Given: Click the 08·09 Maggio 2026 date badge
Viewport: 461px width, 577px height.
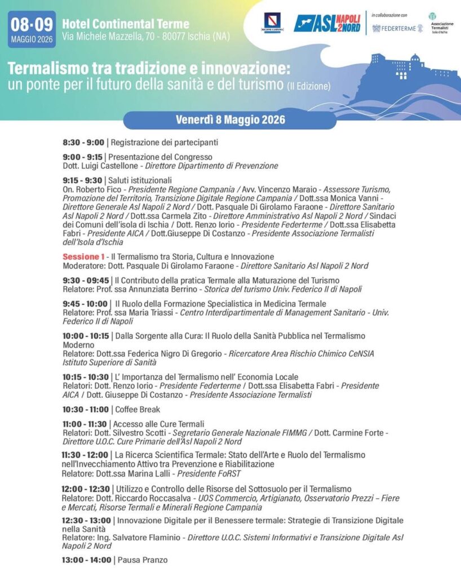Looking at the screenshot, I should tap(32, 29).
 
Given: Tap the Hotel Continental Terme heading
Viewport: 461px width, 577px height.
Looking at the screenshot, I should tap(125, 24).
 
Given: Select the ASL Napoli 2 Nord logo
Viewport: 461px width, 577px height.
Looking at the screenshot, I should tap(327, 23).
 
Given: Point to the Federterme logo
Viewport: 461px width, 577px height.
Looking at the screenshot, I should tap(397, 28).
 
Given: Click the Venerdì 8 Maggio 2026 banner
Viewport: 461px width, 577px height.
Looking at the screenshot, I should tap(230, 120).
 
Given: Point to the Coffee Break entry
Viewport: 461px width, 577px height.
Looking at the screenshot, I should tap(136, 410).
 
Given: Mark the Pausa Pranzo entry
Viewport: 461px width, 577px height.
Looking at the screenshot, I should tap(141, 560).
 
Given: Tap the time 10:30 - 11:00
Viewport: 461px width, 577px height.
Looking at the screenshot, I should tap(86, 410).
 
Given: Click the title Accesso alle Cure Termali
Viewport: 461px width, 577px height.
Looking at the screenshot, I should tap(158, 424).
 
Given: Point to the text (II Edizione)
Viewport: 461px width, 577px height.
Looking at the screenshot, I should tap(308, 86).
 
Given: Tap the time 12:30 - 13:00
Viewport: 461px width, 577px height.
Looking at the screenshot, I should tap(86, 521).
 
